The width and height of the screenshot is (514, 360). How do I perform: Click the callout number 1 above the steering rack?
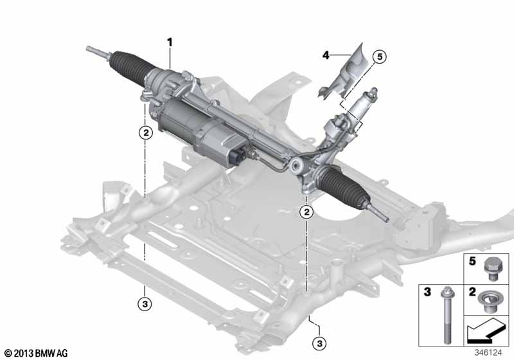pyautogui.click(x=170, y=42)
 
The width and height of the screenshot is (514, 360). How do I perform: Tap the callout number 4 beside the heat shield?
pyautogui.click(x=326, y=56)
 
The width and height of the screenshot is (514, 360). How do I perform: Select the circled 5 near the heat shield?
pyautogui.click(x=378, y=57)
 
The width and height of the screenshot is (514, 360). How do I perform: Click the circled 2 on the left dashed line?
pyautogui.click(x=146, y=133)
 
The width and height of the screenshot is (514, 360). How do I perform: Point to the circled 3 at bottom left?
pyautogui.click(x=146, y=302)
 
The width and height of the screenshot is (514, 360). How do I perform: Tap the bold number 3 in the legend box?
pyautogui.click(x=427, y=292)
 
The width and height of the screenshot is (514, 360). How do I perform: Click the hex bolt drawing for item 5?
pyautogui.click(x=493, y=268)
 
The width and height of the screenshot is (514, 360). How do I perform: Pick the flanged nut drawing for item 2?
pyautogui.click(x=493, y=299)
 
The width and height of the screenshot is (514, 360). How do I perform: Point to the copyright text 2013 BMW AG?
pyautogui.click(x=36, y=353)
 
